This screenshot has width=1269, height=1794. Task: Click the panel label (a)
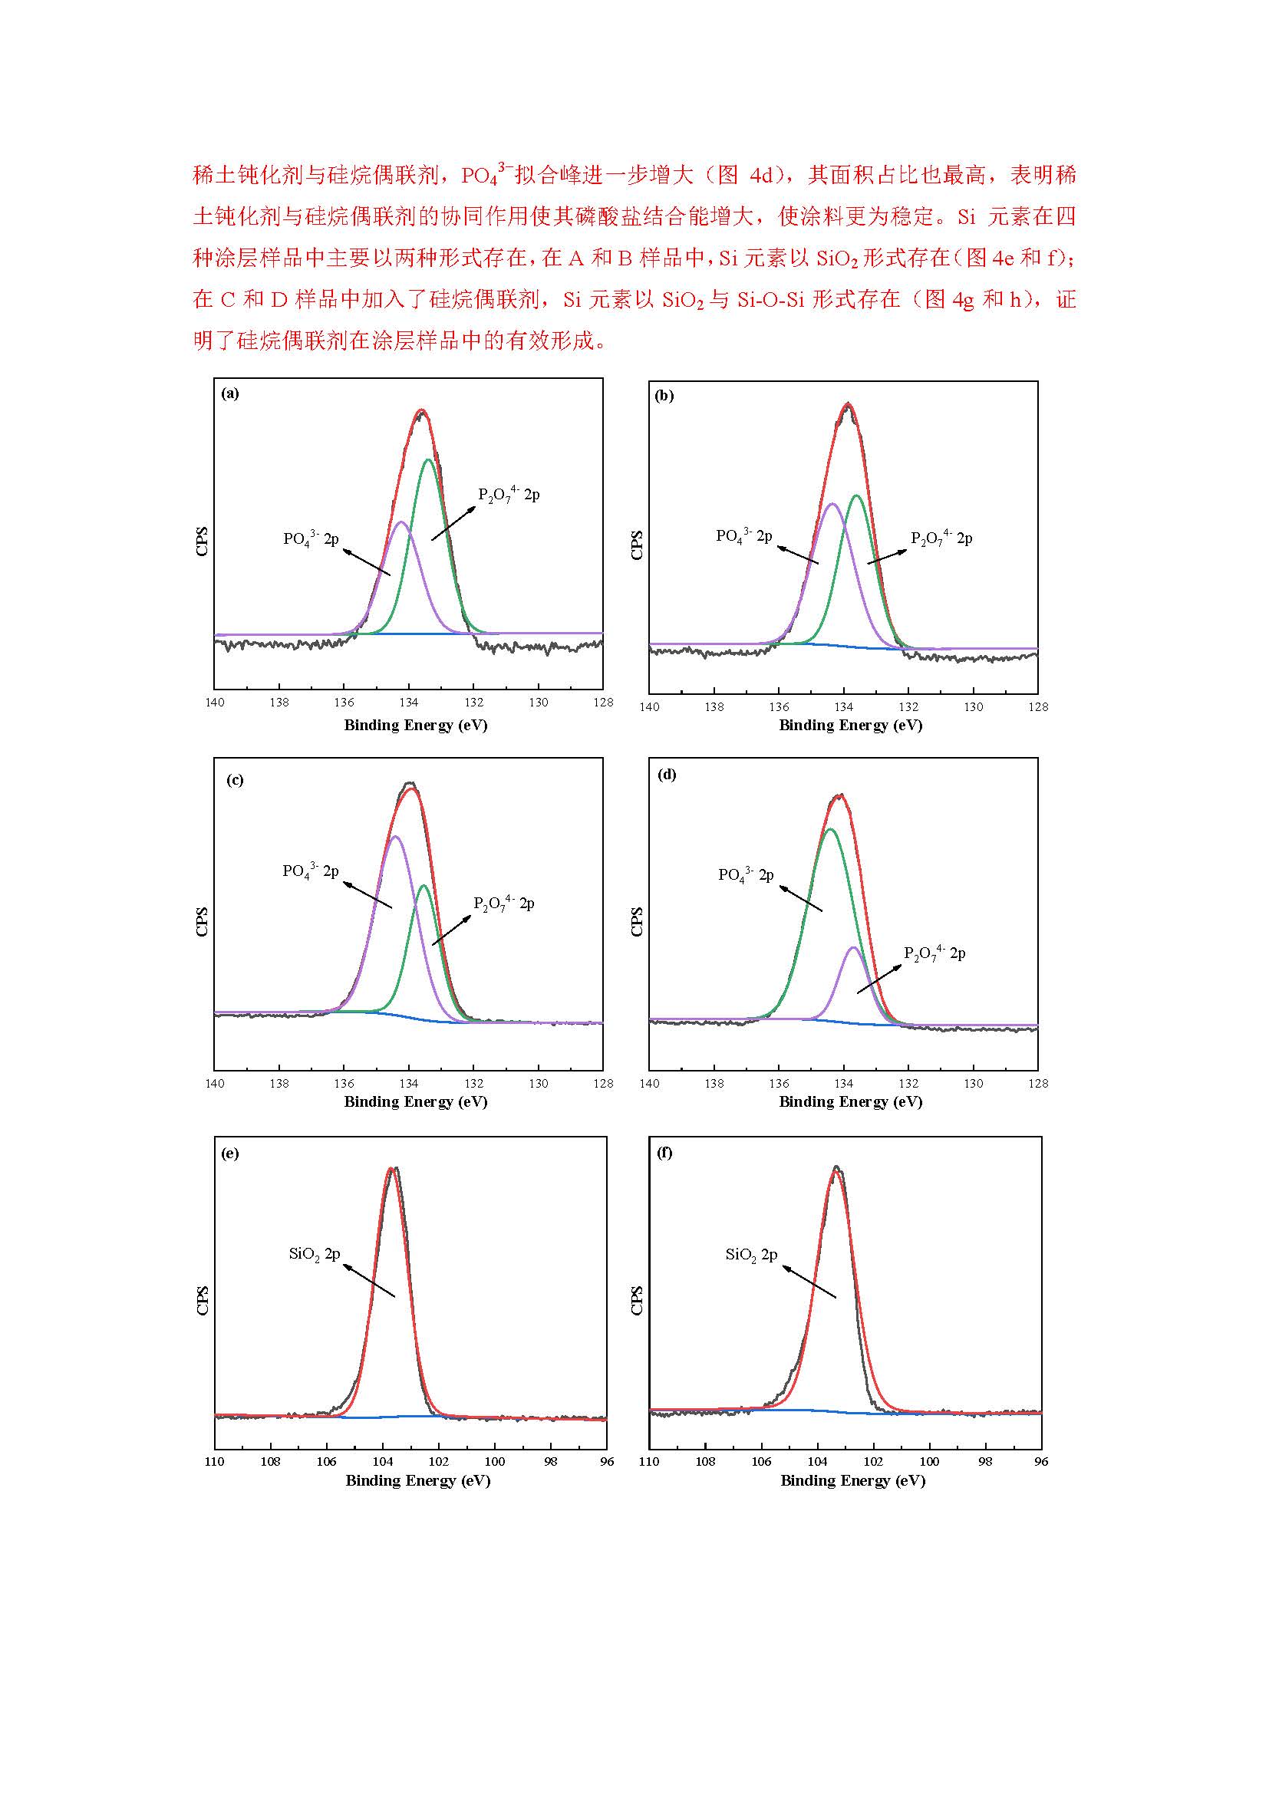pos(230,393)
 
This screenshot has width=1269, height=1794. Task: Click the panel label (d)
pos(667,775)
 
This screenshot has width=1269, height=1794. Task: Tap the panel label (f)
pos(665,1153)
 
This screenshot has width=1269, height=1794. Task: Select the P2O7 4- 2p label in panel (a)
pos(509,495)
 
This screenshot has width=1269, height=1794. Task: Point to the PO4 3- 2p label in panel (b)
pos(744,536)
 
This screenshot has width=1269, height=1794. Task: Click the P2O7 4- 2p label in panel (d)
pos(934,953)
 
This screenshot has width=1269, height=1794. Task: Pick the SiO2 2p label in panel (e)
pos(314,1254)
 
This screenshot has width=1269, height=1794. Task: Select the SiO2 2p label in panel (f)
pos(751,1255)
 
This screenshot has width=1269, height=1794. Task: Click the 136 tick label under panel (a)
pos(344,703)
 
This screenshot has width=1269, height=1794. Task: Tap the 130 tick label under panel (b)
pos(973,707)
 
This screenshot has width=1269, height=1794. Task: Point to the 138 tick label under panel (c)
pos(279,1084)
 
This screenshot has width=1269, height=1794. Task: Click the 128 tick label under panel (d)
pos(1038,1084)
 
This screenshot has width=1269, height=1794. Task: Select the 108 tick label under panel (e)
pos(270,1461)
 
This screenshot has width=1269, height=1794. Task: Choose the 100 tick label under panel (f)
pos(929,1461)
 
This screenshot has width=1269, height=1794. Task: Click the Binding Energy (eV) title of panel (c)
pos(416,1101)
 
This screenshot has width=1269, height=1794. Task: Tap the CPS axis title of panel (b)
pos(637,545)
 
